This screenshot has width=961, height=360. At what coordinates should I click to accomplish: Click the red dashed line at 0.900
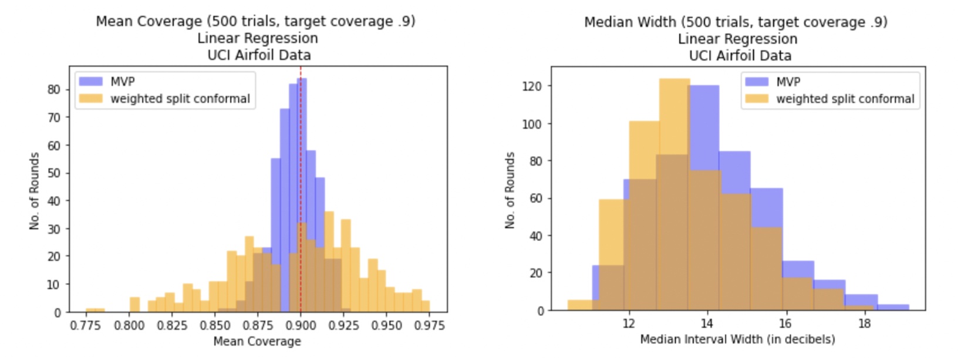click(301, 147)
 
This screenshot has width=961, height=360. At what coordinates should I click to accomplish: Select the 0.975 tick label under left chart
click(429, 325)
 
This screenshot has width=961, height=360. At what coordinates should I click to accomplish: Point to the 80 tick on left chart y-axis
click(54, 90)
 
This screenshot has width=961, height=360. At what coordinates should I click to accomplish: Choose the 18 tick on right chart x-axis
click(864, 324)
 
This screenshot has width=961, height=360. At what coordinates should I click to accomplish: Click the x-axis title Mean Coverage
click(257, 341)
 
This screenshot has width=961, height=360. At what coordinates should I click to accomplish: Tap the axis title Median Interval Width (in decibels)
click(737, 339)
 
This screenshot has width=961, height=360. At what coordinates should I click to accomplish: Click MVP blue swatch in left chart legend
click(91, 82)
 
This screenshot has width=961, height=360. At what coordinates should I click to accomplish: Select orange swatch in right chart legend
click(757, 99)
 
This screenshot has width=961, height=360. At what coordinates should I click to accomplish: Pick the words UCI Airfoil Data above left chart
click(259, 55)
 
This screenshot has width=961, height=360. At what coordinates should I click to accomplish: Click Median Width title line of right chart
click(736, 22)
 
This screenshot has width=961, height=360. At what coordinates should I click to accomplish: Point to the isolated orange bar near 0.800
click(134, 304)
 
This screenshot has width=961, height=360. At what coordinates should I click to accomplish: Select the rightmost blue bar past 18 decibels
click(893, 307)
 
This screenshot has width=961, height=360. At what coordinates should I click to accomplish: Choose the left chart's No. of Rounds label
click(35, 191)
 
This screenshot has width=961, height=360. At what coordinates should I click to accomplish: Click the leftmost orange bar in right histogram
click(580, 305)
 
